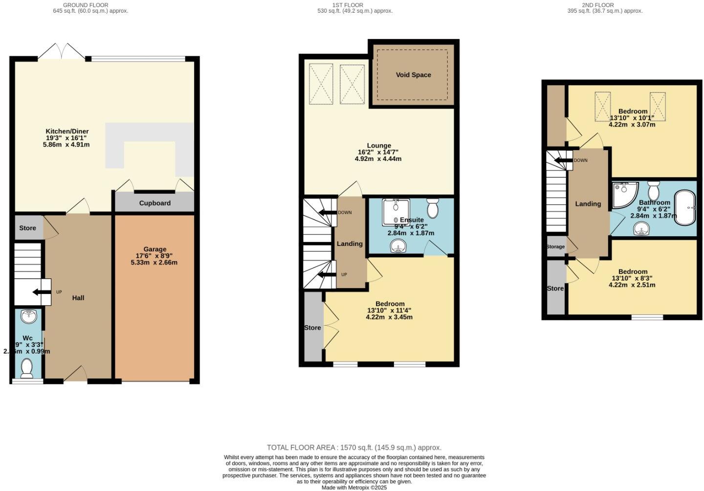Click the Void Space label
413,75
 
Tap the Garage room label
154,249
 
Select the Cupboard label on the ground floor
154,203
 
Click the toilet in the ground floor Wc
27,367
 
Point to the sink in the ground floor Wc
29,317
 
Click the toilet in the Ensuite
433,208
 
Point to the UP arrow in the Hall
42,292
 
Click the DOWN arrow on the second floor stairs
561,160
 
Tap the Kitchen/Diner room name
67,132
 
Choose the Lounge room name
379,146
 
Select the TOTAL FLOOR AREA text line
354,447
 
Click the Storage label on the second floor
555,247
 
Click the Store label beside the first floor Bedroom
312,328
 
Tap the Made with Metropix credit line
354,488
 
